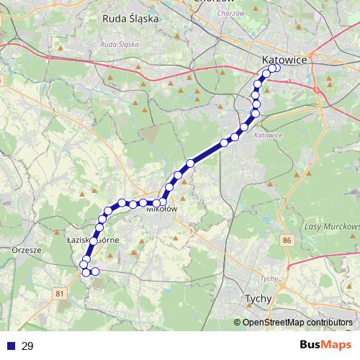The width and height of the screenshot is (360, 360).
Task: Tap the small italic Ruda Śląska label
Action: click(x=119, y=44)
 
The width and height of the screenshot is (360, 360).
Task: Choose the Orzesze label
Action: click(x=24, y=251)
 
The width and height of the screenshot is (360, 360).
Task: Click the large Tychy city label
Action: click(x=257, y=298)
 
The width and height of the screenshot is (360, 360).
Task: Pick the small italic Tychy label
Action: click(x=269, y=279)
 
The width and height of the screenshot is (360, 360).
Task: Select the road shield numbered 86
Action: click(x=288, y=238)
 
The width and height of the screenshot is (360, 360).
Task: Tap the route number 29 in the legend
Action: click(x=27, y=346)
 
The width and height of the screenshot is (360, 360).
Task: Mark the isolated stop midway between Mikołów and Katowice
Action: click(x=190, y=163)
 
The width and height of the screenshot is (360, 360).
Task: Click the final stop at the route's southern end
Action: click(x=94, y=271)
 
